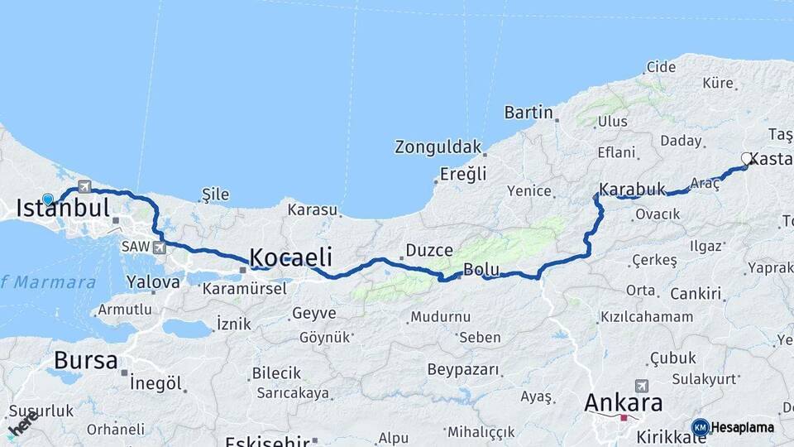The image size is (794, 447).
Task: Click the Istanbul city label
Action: tap(63, 209)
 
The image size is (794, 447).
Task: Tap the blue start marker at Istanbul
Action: tap(48, 199)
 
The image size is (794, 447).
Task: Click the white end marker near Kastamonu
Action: tap(746, 157)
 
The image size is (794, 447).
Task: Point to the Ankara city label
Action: tap(623, 403)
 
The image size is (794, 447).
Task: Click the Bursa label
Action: tap(84, 360)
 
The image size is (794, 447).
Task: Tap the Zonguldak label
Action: tap(438, 147)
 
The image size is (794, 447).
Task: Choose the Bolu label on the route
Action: tap(481, 269)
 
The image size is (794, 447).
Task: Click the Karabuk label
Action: tap(633, 190)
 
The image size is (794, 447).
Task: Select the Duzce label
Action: tap(428, 250)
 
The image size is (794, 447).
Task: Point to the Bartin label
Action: tap(528, 112)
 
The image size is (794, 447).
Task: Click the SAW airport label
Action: tap(135, 247)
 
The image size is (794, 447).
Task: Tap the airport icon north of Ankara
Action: tap(641, 386)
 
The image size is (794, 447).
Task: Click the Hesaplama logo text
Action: tap(742, 427)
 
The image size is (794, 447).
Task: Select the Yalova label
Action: tap(153, 281)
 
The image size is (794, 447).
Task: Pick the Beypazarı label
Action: tap(463, 369)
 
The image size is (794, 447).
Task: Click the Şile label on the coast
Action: tap(215, 195)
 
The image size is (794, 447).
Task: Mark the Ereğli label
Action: tap(463, 174)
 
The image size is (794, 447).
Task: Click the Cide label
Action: tap(661, 67)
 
